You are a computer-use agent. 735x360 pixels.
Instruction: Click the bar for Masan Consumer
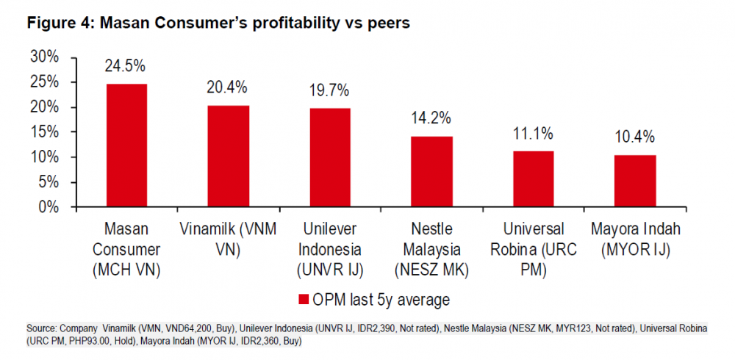[x=126, y=145]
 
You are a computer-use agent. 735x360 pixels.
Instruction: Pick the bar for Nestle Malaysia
[x=431, y=171]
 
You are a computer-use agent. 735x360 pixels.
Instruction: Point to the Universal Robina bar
[x=533, y=179]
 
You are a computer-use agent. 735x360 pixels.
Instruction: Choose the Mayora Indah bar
[x=634, y=181]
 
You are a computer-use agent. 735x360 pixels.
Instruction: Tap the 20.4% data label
[x=228, y=88]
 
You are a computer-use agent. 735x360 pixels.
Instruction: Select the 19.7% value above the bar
[x=329, y=91]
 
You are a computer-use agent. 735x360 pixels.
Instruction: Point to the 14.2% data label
[x=431, y=118]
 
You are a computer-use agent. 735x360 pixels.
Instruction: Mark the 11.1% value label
[x=533, y=134]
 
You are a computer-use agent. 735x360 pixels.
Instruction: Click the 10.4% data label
[x=634, y=137]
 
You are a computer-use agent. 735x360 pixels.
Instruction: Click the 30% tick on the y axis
[x=45, y=57]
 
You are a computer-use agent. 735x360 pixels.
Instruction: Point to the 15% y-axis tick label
[x=45, y=132]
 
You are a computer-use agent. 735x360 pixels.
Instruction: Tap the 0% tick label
[x=49, y=207]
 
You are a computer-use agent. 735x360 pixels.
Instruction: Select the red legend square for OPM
[x=304, y=300]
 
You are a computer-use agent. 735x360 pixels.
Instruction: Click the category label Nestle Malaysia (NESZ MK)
[x=431, y=250]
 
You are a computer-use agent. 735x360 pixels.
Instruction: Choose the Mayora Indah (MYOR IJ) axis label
[x=634, y=240]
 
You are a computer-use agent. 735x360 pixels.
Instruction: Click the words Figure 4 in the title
[x=59, y=23]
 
